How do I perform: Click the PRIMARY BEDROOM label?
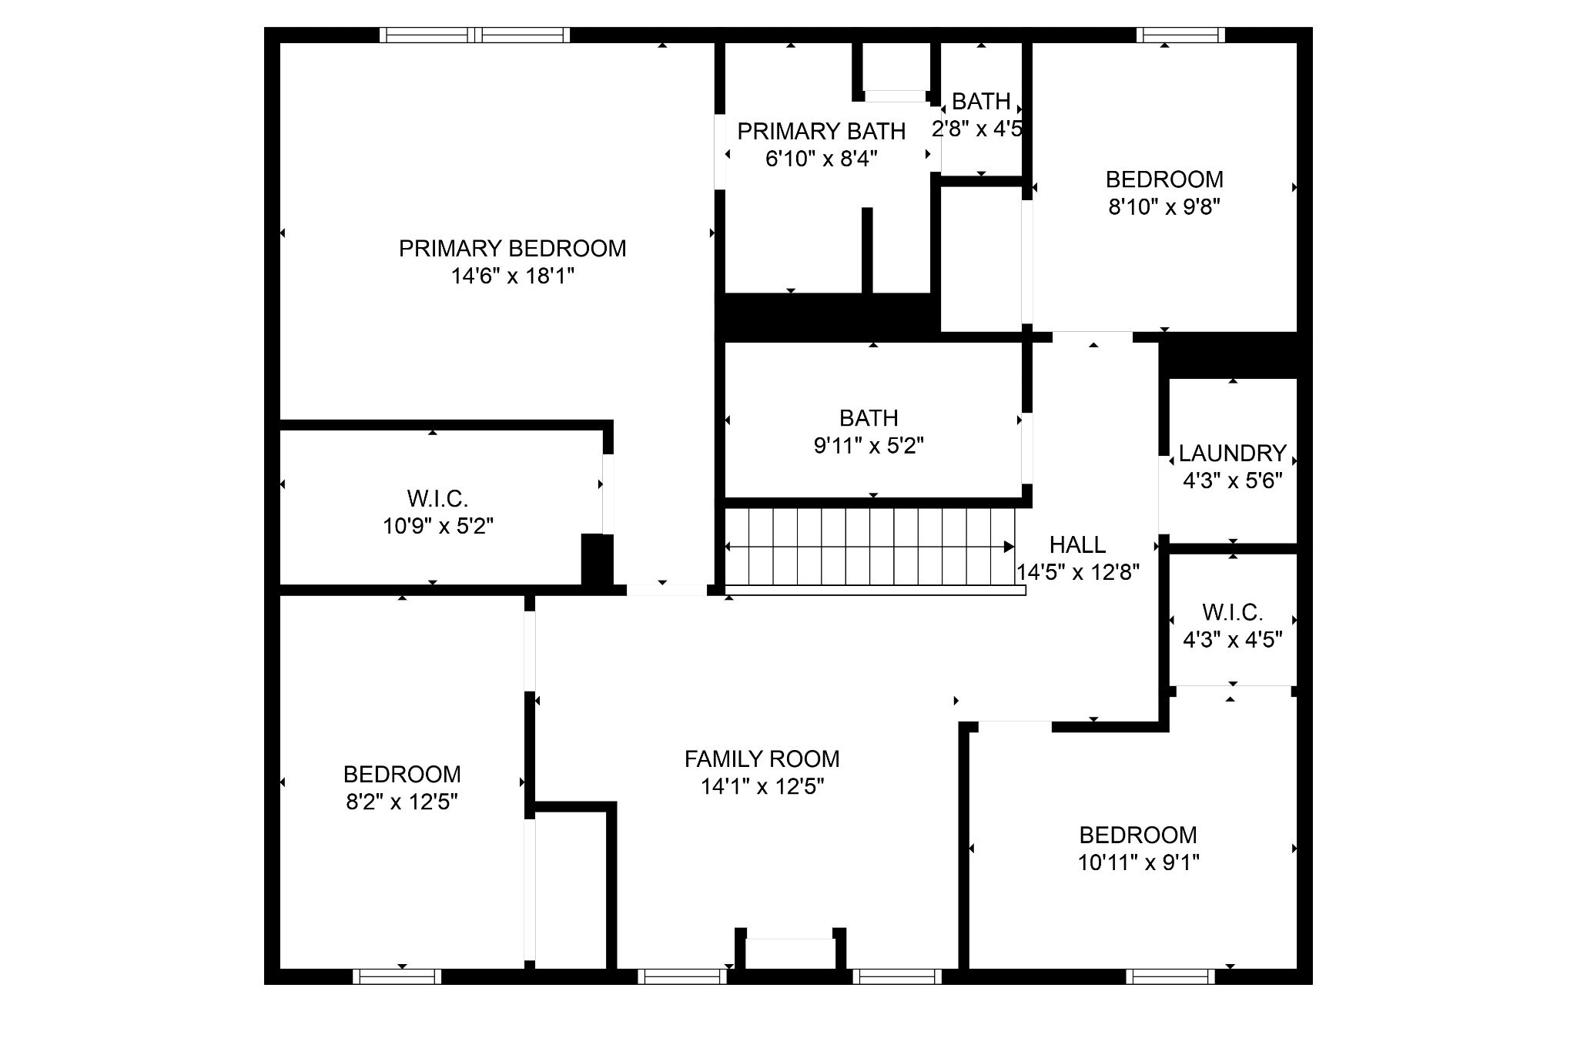pyautogui.click(x=512, y=249)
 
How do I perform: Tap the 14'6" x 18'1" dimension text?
pyautogui.click(x=513, y=276)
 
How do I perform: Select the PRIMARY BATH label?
pyautogui.click(x=821, y=132)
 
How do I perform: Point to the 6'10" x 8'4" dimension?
pyautogui.click(x=821, y=159)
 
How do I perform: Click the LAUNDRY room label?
pyautogui.click(x=1232, y=453)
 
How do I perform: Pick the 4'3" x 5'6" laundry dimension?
pyautogui.click(x=1232, y=480)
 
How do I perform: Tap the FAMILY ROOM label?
pyautogui.click(x=762, y=759)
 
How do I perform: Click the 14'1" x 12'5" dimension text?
pyautogui.click(x=762, y=787)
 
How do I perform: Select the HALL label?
pyautogui.click(x=1077, y=545)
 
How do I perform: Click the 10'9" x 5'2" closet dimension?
pyautogui.click(x=438, y=527)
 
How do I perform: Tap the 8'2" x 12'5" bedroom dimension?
pyautogui.click(x=402, y=802)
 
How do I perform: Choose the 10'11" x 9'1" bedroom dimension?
pyautogui.click(x=1138, y=862)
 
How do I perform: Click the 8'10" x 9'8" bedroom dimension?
pyautogui.click(x=1164, y=207)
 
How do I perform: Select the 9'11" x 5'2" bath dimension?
pyautogui.click(x=869, y=446)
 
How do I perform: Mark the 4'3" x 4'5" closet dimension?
pyautogui.click(x=1232, y=640)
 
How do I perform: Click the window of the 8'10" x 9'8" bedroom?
pyautogui.click(x=1180, y=35)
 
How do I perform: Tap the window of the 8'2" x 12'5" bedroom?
pyautogui.click(x=397, y=976)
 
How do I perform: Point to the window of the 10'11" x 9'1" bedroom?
pyautogui.click(x=1170, y=976)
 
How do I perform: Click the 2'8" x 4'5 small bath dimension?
pyautogui.click(x=977, y=129)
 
